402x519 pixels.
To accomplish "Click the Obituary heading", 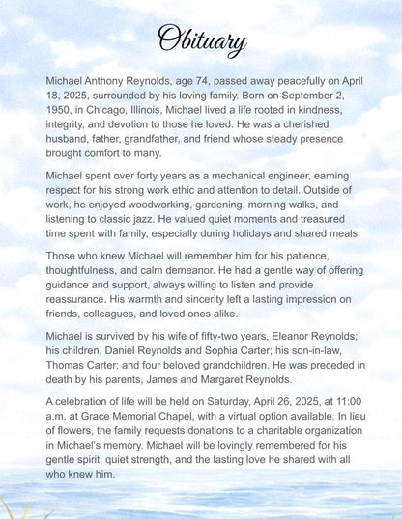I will pos(201,40).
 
